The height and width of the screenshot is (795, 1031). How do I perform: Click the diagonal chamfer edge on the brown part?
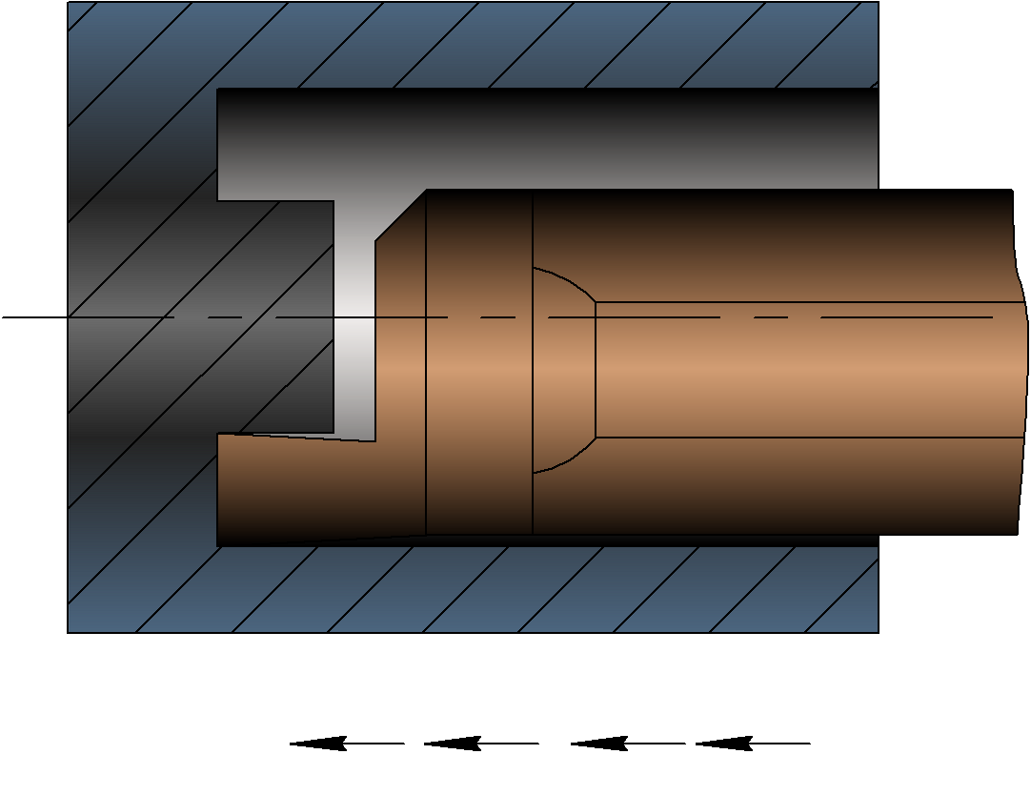(x=400, y=215)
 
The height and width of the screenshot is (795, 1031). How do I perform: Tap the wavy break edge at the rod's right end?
(x=1024, y=362)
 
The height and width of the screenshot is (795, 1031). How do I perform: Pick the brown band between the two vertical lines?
(x=478, y=381)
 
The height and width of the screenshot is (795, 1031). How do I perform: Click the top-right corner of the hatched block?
(x=878, y=3)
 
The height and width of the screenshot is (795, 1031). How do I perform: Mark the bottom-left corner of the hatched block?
(x=69, y=631)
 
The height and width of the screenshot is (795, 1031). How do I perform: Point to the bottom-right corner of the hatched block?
(x=878, y=631)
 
